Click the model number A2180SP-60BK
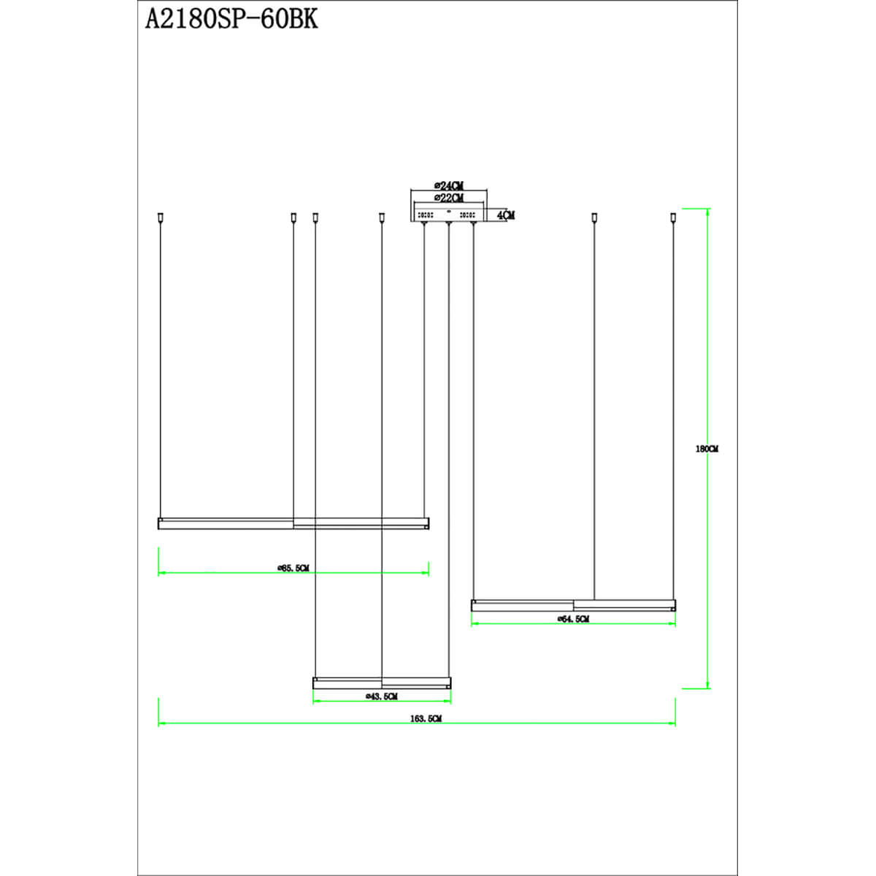(x=232, y=19)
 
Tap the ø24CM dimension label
(x=448, y=186)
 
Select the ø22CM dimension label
(x=448, y=198)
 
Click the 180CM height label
(x=707, y=449)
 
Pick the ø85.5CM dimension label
(x=293, y=568)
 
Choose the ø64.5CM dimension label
(x=573, y=619)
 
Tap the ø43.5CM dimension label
(x=381, y=697)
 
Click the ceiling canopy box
(x=449, y=215)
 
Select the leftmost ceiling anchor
(x=159, y=217)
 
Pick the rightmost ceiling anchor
(x=674, y=217)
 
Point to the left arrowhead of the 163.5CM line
(x=162, y=723)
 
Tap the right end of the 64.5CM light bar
(x=673, y=605)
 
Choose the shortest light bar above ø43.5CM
(x=382, y=683)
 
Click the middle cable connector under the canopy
(x=448, y=223)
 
